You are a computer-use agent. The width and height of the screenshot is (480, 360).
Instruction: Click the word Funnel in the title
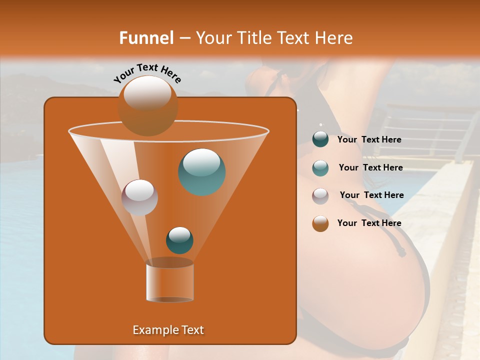point(146,38)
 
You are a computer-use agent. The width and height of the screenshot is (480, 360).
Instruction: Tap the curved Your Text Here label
point(147,73)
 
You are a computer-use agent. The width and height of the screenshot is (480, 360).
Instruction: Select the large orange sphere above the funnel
point(148,105)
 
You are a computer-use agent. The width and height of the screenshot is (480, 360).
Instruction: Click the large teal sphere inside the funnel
point(202,171)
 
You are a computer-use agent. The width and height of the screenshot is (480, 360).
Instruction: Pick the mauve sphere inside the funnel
point(140,197)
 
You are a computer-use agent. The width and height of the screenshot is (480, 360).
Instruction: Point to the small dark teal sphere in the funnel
point(179,240)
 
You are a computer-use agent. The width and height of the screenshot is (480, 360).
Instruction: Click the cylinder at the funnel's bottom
point(170,282)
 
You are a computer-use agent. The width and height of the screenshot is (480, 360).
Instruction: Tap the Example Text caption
point(168,330)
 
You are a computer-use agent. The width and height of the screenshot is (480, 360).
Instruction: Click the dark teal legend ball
point(320,139)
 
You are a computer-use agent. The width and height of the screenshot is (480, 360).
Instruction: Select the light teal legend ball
point(320,168)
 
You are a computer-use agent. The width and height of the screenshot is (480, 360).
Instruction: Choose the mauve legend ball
point(320,195)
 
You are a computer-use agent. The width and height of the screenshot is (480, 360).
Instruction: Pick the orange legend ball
point(320,223)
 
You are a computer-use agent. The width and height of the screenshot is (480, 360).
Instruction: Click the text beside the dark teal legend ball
point(369,140)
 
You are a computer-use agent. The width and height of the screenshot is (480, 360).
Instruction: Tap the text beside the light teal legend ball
point(370,168)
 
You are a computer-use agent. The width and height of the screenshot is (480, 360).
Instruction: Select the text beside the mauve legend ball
point(371,195)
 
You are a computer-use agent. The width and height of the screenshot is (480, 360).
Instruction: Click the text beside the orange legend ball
point(369,223)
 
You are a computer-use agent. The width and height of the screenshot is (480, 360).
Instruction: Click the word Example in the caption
point(154,330)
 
